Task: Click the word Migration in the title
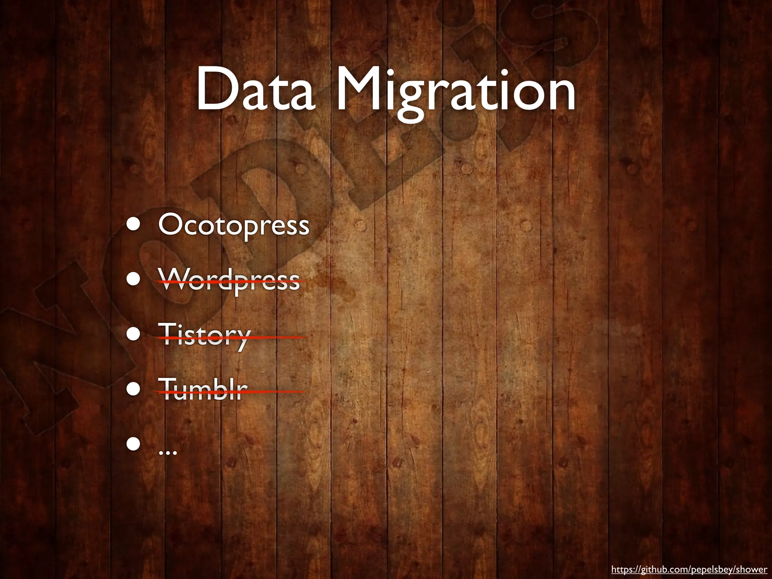coord(456,92)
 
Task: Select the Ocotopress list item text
coord(234,225)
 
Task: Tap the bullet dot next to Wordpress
coord(134,279)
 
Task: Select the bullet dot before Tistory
coord(134,334)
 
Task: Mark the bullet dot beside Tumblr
coord(134,389)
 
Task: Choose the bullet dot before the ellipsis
coord(134,444)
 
